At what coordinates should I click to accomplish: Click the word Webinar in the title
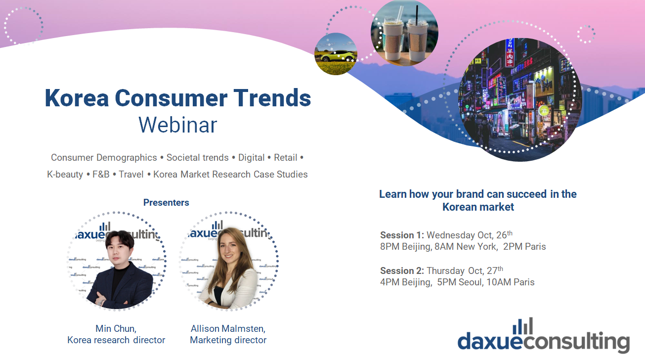pos(177,125)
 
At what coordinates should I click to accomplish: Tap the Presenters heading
pos(166,202)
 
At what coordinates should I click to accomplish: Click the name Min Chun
pos(115,328)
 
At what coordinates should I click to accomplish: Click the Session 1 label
pos(402,235)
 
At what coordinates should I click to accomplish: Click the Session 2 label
pos(402,270)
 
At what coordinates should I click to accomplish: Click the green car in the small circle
pos(338,56)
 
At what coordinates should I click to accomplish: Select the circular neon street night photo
pos(520,99)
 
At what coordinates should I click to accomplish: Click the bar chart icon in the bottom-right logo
pos(523,326)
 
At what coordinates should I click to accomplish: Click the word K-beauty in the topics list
pos(65,175)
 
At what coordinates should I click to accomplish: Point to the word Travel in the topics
pos(131,175)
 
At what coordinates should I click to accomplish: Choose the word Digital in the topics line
pos(251,158)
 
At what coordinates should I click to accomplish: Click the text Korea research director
pos(116,340)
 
